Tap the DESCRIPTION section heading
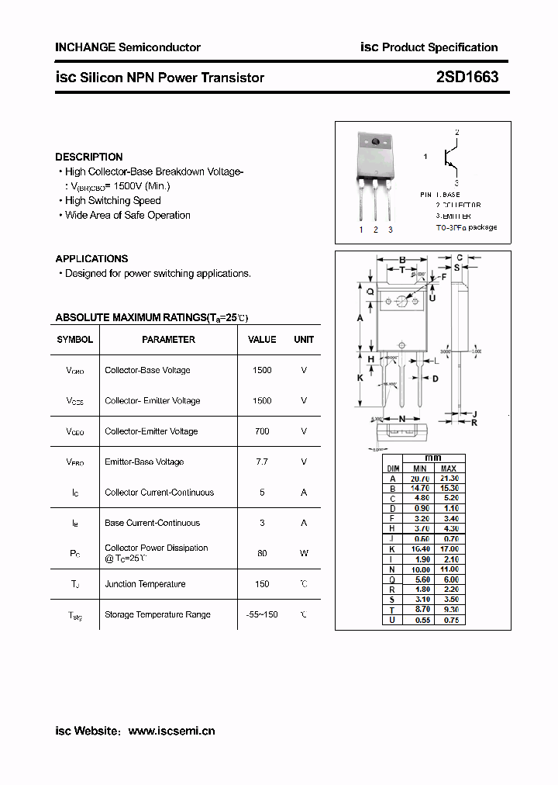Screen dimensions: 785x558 click(89, 157)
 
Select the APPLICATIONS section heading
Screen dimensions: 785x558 click(91, 258)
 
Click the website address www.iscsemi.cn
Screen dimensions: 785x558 click(171, 731)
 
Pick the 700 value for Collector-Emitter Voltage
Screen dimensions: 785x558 click(262, 431)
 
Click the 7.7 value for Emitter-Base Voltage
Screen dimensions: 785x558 click(262, 462)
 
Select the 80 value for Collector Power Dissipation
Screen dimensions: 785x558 click(262, 553)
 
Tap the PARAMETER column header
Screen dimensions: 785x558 click(168, 340)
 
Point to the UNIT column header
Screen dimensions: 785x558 click(304, 340)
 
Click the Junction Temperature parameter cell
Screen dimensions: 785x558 click(145, 584)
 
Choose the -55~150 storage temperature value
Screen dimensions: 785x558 click(262, 614)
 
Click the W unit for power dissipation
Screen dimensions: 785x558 click(304, 553)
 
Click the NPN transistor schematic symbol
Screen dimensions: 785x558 click(449, 157)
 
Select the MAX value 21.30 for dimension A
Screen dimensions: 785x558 click(449, 479)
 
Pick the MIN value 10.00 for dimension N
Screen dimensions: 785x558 click(419, 569)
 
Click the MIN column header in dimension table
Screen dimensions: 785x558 click(419, 469)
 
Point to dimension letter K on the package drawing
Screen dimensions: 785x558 click(360, 378)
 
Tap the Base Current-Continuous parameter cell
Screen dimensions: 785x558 click(152, 523)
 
